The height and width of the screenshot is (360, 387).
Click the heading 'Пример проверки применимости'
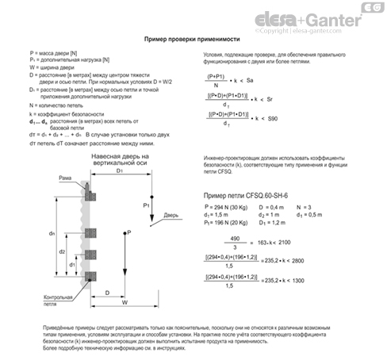coord(193,39)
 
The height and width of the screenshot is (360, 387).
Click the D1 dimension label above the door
coord(119,170)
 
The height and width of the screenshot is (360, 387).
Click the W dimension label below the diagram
coord(125,302)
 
